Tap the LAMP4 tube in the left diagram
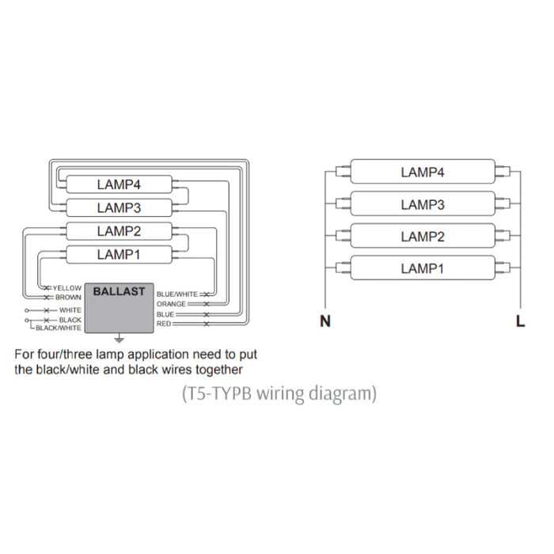click(119, 184)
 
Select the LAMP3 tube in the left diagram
click(119, 207)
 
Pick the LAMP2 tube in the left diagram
click(119, 231)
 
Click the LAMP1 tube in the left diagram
click(119, 254)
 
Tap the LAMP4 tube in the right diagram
click(422, 172)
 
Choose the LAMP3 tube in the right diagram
click(422, 204)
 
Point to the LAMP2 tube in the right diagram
click(422, 237)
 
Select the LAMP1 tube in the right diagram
click(422, 268)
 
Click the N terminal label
click(324, 321)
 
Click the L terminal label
click(519, 321)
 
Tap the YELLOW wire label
click(67, 287)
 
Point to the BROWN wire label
click(68, 297)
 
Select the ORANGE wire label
click(171, 304)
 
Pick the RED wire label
click(164, 324)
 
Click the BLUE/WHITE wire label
click(177, 294)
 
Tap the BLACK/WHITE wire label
click(59, 328)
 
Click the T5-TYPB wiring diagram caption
click(279, 392)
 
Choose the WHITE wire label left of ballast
click(70, 310)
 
